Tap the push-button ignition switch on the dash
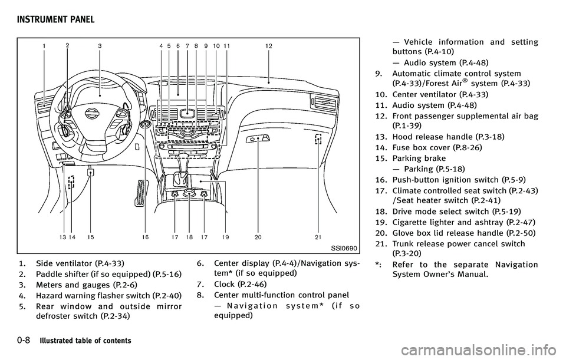(x=146, y=125)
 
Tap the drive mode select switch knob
(x=189, y=193)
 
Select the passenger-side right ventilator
(x=325, y=103)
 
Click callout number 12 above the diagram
(x=268, y=45)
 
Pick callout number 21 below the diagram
(x=318, y=237)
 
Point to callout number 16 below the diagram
(x=145, y=237)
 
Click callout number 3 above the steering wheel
(x=100, y=45)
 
